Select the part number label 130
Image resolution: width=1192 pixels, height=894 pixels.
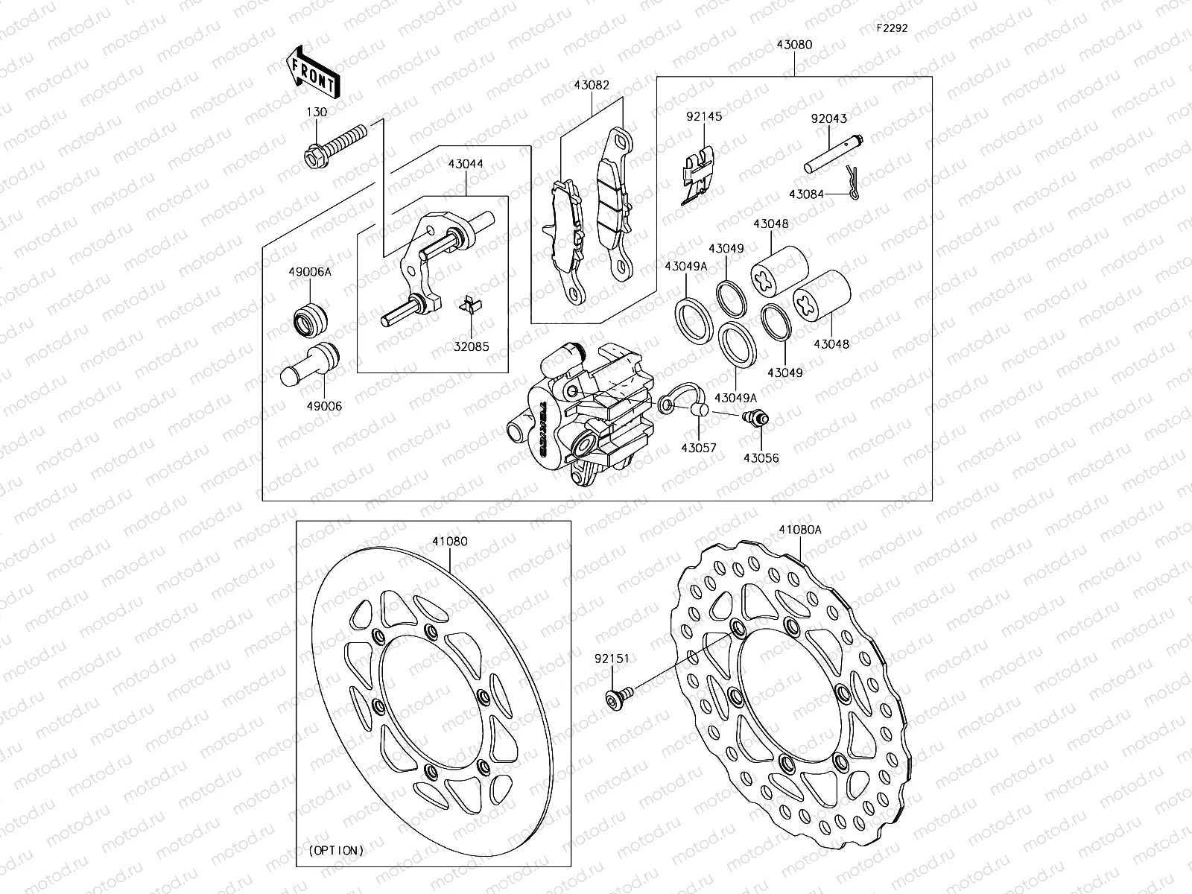(317, 112)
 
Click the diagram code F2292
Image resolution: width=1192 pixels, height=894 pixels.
(892, 28)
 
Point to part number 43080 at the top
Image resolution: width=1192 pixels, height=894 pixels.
(794, 45)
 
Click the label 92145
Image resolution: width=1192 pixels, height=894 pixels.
(704, 116)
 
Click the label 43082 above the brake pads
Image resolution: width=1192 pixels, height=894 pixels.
(592, 85)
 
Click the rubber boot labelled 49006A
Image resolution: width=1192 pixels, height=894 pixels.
(310, 320)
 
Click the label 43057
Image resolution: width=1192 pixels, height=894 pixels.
(698, 448)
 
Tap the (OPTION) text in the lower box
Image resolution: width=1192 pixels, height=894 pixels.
(335, 849)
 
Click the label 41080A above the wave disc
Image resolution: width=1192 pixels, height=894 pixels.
(800, 530)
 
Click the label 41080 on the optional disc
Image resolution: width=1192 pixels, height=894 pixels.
(450, 541)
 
